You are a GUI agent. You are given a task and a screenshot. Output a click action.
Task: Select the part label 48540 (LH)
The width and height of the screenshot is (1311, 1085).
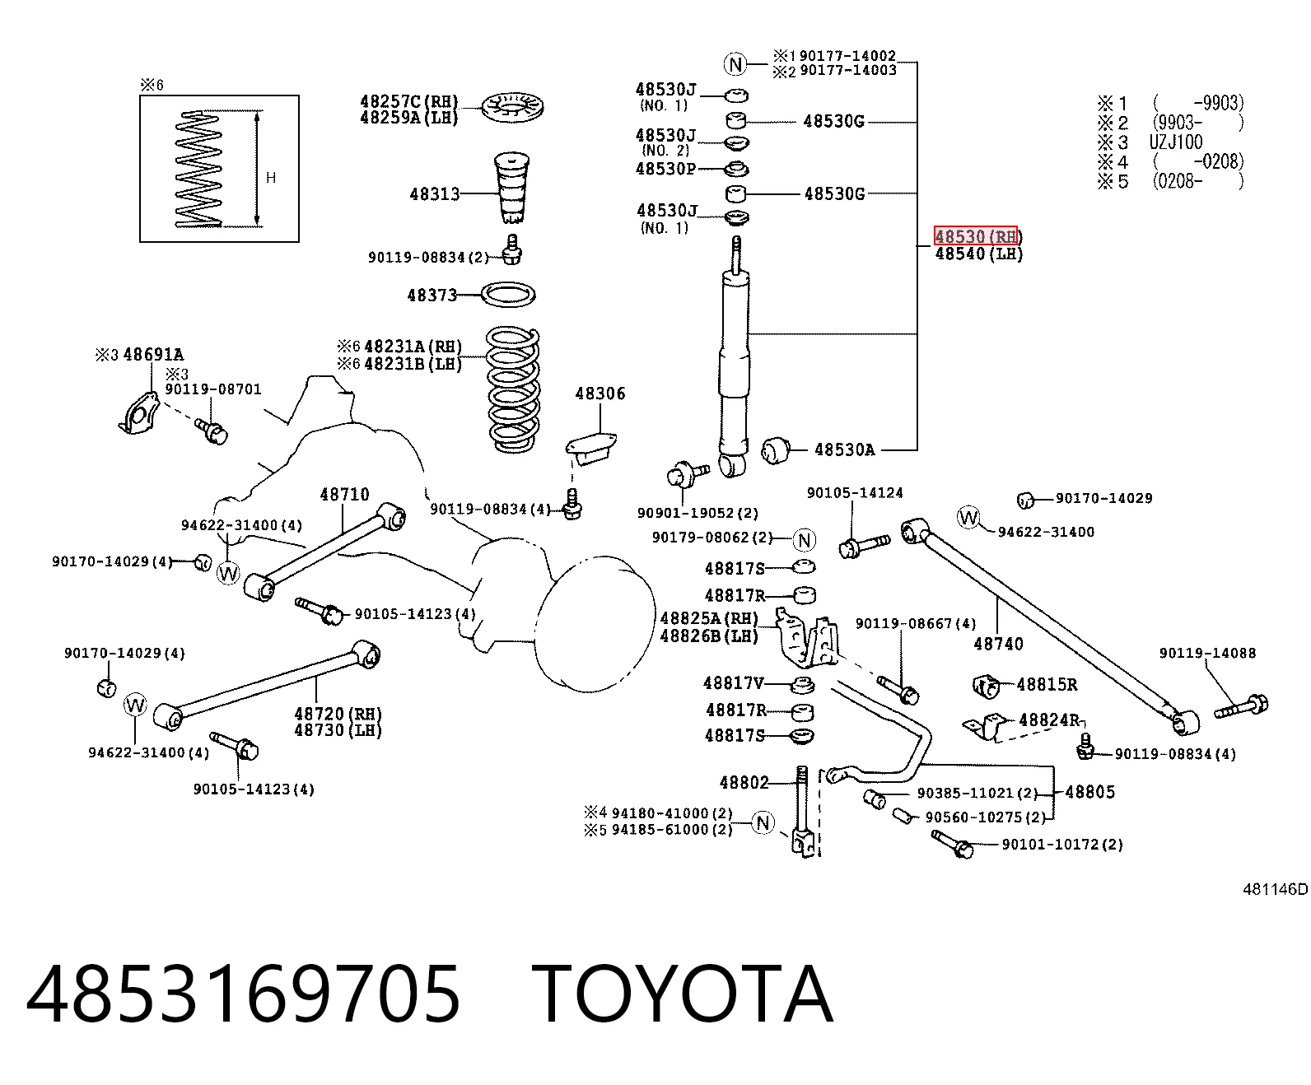pyautogui.click(x=979, y=254)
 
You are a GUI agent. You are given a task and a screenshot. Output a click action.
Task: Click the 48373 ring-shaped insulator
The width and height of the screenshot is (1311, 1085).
pyautogui.click(x=508, y=295)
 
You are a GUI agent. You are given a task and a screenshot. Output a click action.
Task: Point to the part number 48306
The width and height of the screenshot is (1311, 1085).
pyautogui.click(x=600, y=393)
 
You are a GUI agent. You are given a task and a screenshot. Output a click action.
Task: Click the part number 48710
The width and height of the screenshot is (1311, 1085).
pyautogui.click(x=345, y=495)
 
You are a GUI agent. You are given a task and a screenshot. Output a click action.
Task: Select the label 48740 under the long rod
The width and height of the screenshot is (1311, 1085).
pyautogui.click(x=998, y=644)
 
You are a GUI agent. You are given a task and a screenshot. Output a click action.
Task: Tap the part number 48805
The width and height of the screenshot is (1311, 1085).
pyautogui.click(x=1090, y=792)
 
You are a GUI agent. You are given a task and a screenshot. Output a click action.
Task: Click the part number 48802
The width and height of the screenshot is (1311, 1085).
pyautogui.click(x=744, y=782)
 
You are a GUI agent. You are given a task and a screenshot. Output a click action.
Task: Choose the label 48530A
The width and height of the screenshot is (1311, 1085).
pyautogui.click(x=844, y=449)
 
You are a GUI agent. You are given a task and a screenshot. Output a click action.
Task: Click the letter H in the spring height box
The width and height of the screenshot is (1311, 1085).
pyautogui.click(x=271, y=178)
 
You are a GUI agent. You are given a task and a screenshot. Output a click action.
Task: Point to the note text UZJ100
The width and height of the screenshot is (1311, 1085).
pyautogui.click(x=1175, y=142)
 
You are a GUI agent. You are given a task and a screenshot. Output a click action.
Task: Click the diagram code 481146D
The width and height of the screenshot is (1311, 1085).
pyautogui.click(x=1276, y=889)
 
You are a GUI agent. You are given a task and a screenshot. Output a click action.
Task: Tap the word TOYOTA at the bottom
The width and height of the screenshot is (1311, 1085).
pyautogui.click(x=683, y=994)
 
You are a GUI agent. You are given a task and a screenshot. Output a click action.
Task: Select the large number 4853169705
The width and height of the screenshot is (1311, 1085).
pyautogui.click(x=243, y=994)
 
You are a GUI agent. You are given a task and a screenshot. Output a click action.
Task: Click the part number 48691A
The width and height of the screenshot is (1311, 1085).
pyautogui.click(x=153, y=355)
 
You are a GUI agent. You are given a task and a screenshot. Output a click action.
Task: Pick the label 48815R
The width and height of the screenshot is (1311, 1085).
pyautogui.click(x=1047, y=684)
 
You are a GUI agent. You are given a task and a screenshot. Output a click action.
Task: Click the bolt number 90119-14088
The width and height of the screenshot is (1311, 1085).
pyautogui.click(x=1207, y=653)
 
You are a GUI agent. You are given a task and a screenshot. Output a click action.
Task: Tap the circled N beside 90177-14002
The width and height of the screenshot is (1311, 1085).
pyautogui.click(x=735, y=63)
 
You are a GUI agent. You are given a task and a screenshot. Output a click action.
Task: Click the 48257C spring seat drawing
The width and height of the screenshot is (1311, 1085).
pyautogui.click(x=512, y=107)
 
